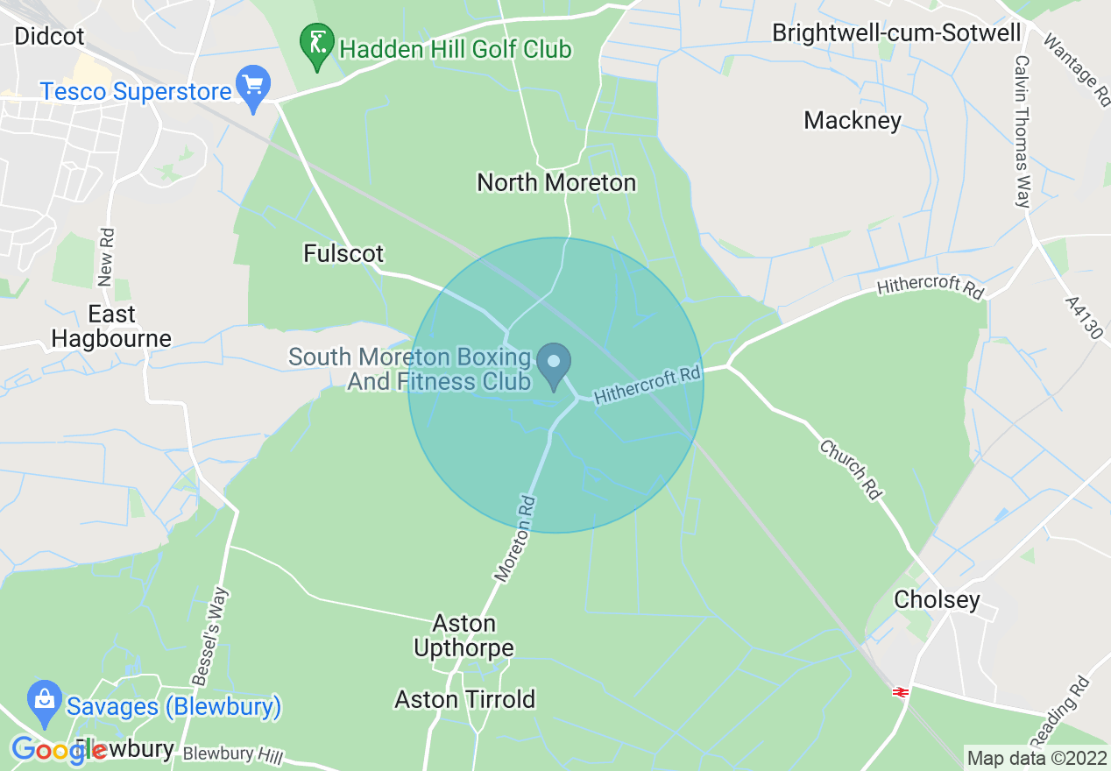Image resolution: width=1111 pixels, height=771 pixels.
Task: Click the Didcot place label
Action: (50, 36)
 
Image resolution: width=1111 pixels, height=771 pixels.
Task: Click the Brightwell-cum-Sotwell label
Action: (896, 33)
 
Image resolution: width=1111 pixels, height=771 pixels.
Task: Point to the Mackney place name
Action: (853, 120)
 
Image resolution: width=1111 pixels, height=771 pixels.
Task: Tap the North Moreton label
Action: (556, 182)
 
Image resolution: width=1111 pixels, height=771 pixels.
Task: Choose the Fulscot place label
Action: (343, 254)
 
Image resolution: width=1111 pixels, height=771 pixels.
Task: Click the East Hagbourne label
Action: (111, 326)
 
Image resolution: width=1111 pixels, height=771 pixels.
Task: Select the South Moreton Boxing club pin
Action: (554, 366)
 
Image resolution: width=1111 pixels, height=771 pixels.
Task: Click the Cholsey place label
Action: (937, 599)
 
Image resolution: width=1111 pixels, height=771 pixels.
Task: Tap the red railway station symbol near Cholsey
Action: (899, 692)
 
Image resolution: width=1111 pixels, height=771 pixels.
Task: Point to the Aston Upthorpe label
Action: (464, 635)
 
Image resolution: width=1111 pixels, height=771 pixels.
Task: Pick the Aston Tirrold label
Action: (464, 699)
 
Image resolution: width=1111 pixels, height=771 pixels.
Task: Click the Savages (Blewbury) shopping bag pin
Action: (45, 699)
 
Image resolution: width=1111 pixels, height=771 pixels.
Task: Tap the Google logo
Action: (59, 750)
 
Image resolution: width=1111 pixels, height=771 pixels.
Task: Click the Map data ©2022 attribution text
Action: (1036, 757)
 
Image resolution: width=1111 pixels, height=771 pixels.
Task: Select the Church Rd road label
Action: (850, 470)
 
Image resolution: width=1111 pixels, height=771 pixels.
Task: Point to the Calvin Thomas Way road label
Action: (1022, 131)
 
